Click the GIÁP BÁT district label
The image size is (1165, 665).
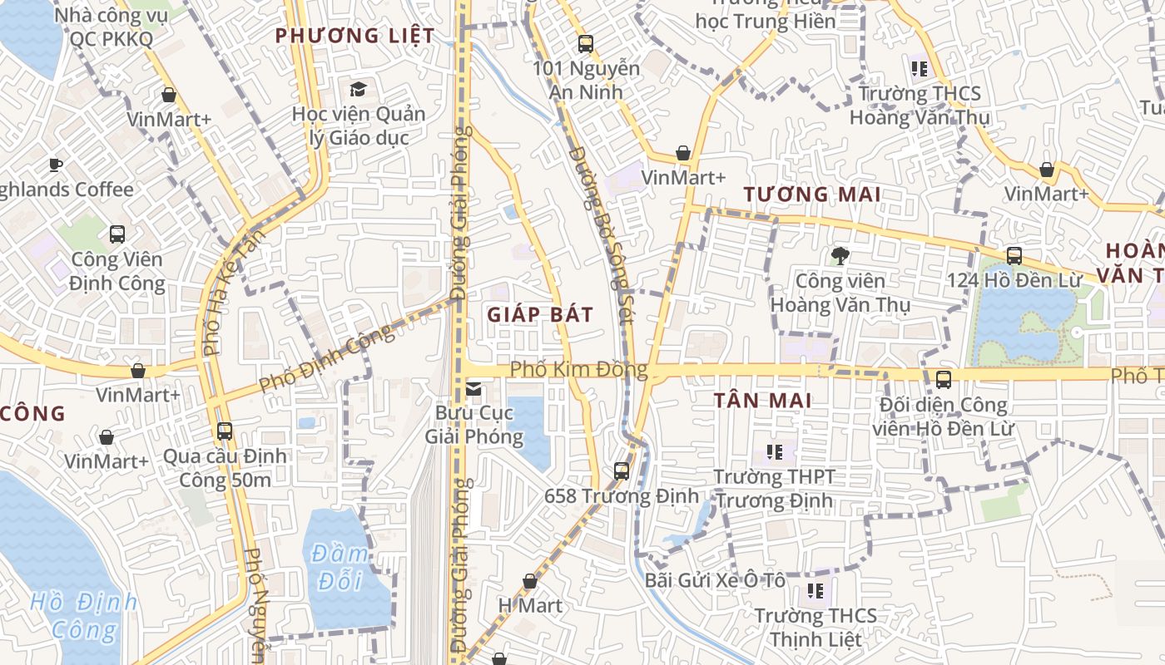tap(540, 314)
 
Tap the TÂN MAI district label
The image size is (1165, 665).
tap(762, 401)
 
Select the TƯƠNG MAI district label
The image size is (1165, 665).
tap(811, 195)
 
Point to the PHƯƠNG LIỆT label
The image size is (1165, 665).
tap(354, 36)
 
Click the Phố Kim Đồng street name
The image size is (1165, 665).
tap(578, 369)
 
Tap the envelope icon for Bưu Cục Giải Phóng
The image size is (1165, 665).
tap(473, 388)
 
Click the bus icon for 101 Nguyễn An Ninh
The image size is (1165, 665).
tap(586, 44)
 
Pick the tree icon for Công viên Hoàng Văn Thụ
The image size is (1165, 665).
tap(840, 256)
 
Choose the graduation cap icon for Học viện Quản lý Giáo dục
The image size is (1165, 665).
tap(358, 89)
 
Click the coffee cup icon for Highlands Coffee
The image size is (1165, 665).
tap(56, 165)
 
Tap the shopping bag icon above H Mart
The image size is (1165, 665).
tap(530, 581)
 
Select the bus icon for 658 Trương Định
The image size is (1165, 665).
tap(621, 471)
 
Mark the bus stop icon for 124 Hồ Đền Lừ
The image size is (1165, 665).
tap(1014, 256)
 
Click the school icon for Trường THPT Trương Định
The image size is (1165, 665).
tap(774, 453)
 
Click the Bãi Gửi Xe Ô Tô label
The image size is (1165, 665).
tap(715, 580)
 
